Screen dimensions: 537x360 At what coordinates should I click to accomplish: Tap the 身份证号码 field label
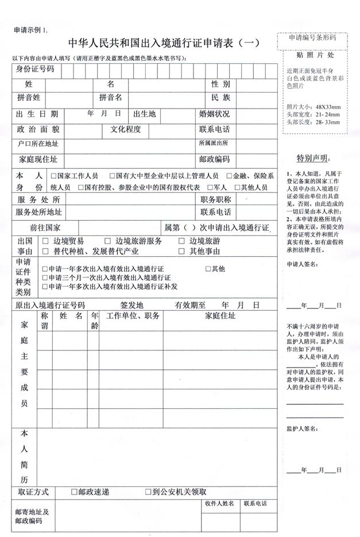click(35, 70)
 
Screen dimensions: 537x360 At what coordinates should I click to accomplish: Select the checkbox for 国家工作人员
click(53, 176)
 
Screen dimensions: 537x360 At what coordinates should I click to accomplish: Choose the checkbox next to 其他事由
click(181, 251)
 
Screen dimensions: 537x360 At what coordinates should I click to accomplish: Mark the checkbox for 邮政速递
click(73, 492)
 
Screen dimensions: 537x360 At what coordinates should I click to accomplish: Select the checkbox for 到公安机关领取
click(148, 492)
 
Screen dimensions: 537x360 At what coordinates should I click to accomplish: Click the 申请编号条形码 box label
click(312, 38)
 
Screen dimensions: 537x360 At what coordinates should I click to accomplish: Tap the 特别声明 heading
click(313, 158)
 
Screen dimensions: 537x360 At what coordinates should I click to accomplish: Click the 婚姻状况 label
click(214, 114)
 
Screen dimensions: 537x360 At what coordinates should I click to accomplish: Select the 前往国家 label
click(45, 227)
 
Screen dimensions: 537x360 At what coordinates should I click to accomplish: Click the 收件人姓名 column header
click(219, 504)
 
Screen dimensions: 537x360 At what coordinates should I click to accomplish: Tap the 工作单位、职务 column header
click(133, 315)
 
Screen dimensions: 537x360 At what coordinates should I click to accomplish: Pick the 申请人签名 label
click(301, 264)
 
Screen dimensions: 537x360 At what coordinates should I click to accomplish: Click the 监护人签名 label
click(301, 428)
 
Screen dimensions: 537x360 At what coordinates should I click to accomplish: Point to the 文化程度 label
click(126, 129)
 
